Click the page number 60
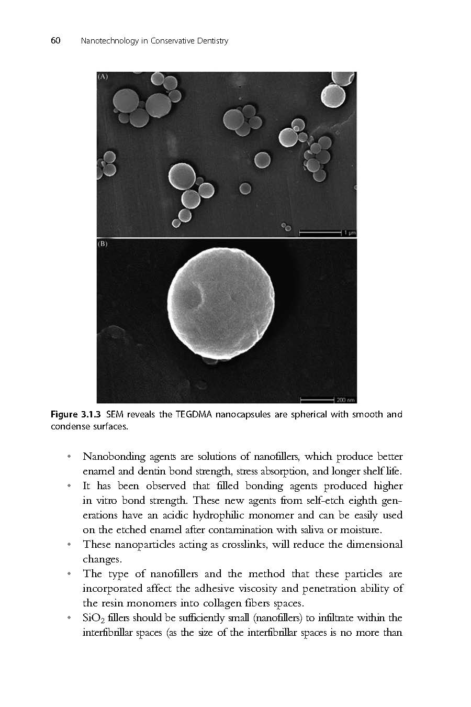click(x=55, y=41)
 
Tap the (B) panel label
click(x=103, y=244)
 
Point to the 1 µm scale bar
click(x=320, y=231)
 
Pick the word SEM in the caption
click(x=115, y=415)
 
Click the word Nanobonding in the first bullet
click(x=115, y=457)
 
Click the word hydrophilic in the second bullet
click(x=223, y=515)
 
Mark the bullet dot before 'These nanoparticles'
click(x=69, y=545)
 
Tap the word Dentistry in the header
click(x=211, y=41)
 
